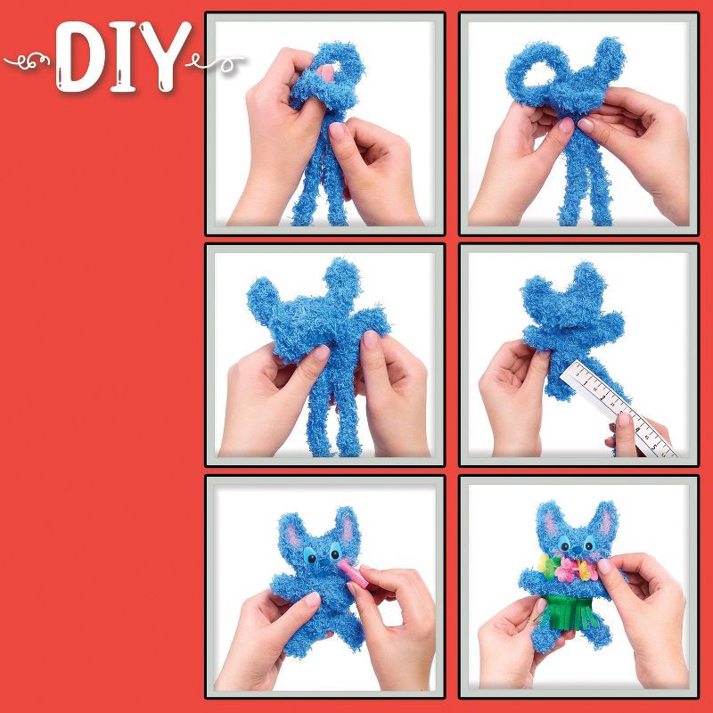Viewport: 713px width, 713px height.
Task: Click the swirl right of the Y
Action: tap(218, 61)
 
